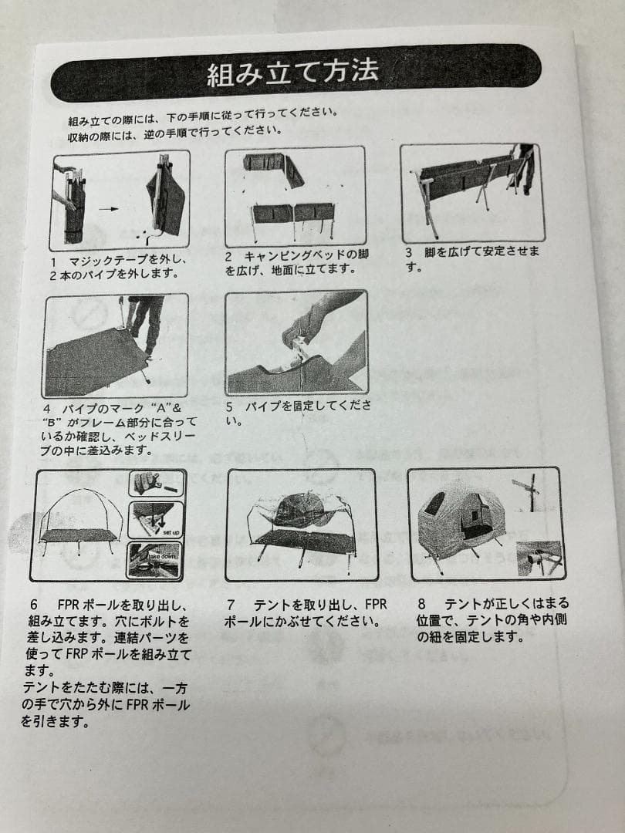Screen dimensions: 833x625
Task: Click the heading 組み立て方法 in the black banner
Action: point(293,73)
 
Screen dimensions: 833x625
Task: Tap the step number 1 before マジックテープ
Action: point(53,261)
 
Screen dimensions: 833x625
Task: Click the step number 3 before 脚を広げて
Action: point(409,252)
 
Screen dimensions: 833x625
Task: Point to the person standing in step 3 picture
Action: point(524,166)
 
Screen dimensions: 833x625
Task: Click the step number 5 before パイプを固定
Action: point(228,406)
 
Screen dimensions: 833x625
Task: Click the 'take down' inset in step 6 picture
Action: point(157,559)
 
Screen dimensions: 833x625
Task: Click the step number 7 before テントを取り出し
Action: point(231,605)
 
